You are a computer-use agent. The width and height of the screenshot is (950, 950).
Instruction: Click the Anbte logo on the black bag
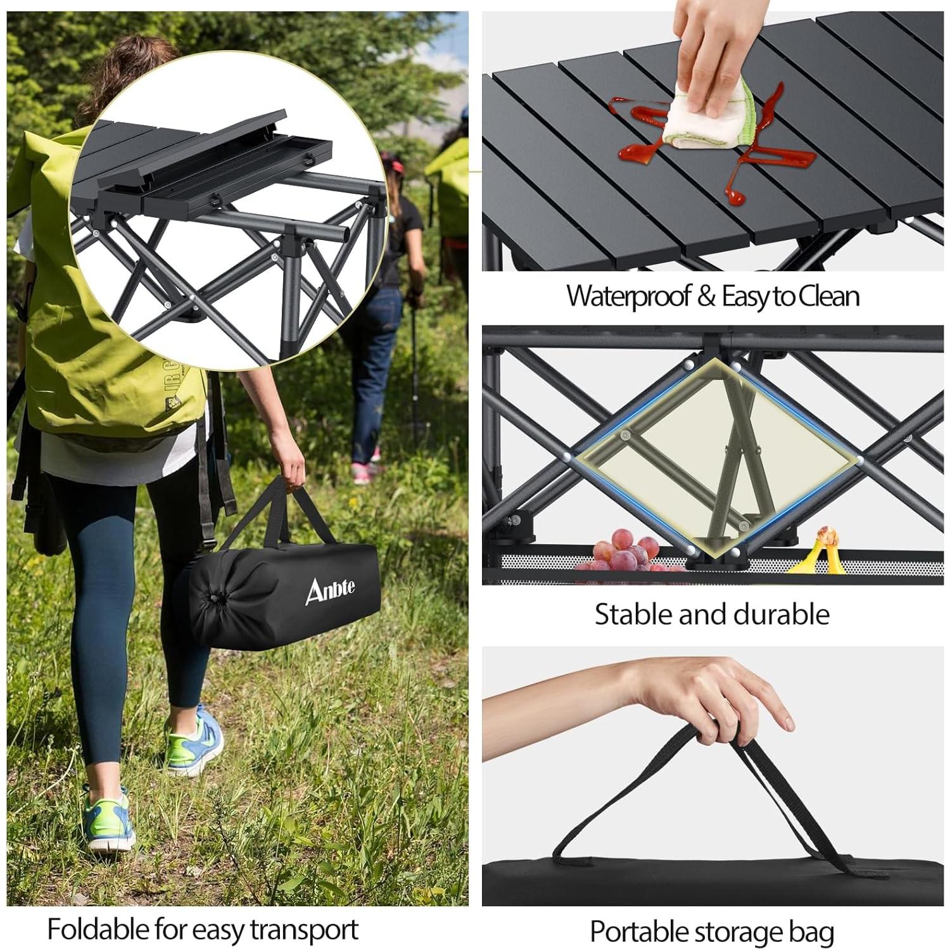[330, 590]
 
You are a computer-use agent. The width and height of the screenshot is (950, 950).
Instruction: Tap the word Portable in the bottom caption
[639, 932]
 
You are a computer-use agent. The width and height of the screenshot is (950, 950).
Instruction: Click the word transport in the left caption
[304, 929]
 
